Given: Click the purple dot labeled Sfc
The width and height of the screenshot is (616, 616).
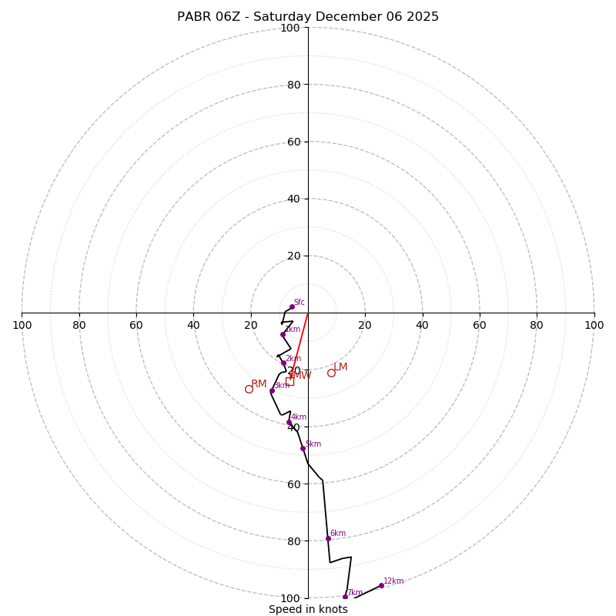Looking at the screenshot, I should (x=292, y=306).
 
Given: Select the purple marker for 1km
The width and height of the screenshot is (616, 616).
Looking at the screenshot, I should (x=283, y=334).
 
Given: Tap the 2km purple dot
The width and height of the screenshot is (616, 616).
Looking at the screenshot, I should (x=283, y=363).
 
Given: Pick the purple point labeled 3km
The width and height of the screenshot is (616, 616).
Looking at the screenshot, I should (x=272, y=390).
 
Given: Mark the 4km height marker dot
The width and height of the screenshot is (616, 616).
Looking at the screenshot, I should (x=289, y=422).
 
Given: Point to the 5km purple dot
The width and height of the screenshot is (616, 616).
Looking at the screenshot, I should (x=303, y=448).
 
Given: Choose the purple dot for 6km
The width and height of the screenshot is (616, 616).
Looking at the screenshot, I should (x=328, y=538).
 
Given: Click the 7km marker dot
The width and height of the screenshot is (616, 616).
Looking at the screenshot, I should (x=345, y=597).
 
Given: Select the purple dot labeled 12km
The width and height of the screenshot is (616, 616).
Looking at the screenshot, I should (x=381, y=585).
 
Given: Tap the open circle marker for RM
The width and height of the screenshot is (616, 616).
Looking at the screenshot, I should (x=249, y=389).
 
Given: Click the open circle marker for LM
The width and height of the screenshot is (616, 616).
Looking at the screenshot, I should (x=331, y=373).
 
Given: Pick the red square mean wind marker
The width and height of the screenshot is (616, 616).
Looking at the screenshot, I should (x=290, y=381).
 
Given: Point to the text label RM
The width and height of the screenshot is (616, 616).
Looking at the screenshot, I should (x=259, y=384).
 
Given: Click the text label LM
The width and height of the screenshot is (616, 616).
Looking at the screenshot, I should (x=340, y=367).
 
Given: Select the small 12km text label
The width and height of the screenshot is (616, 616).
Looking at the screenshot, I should (x=393, y=581).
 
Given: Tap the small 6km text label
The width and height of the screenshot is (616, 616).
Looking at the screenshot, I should (x=337, y=533).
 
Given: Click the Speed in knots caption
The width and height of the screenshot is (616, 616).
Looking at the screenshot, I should (x=308, y=609).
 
